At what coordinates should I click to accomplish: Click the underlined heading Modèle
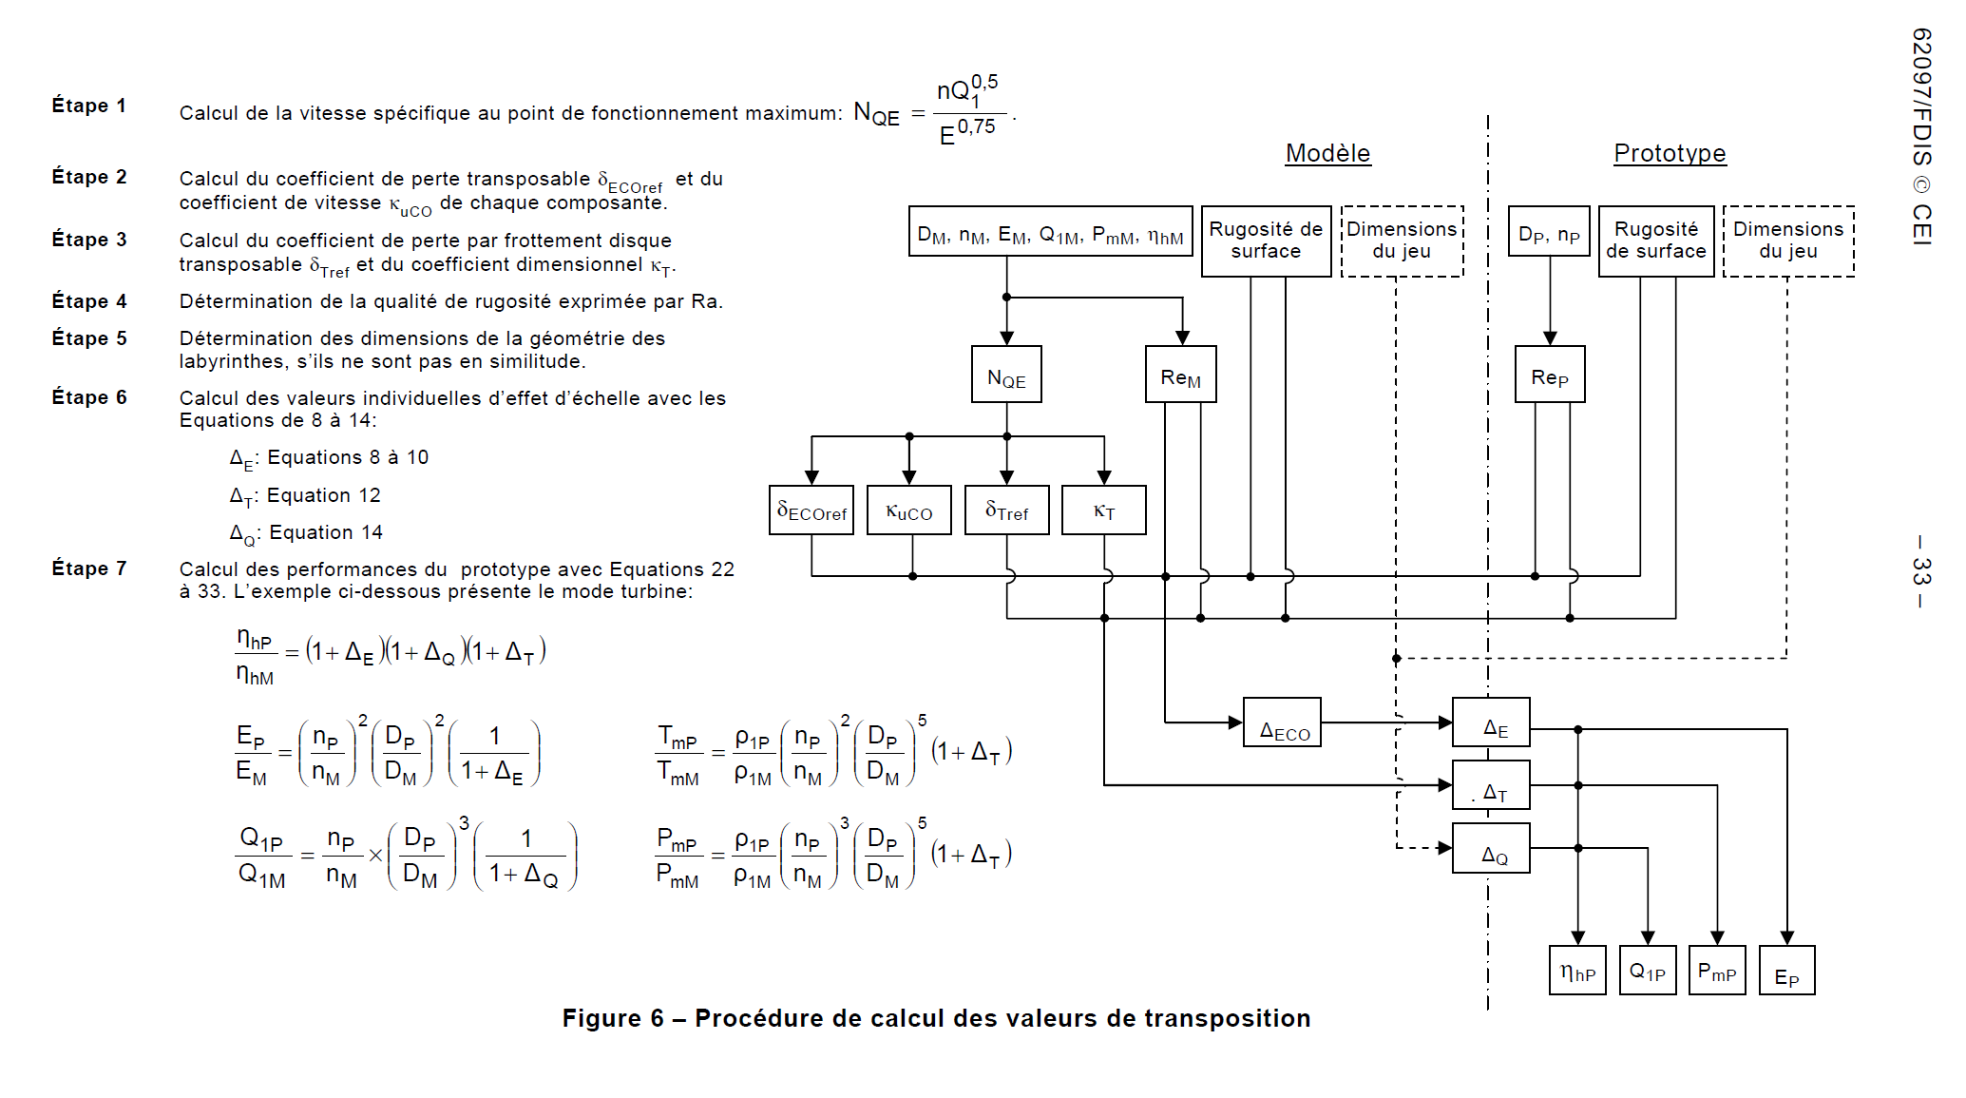point(1327,153)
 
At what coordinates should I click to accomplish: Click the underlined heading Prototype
point(1670,153)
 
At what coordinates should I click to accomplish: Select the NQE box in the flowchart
point(1006,375)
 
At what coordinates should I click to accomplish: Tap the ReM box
point(1180,375)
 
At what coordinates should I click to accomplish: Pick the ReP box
point(1549,375)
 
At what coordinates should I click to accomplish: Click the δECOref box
point(811,510)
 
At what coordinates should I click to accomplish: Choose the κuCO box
point(909,510)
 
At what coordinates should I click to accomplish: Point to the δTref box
point(1006,510)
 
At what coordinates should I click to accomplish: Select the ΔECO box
point(1282,722)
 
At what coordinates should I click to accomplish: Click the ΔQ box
point(1491,848)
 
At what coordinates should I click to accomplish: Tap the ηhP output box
point(1577,971)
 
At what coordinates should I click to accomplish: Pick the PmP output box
point(1717,971)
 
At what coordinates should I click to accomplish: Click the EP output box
point(1786,971)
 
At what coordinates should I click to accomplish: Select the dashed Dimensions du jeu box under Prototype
point(1788,241)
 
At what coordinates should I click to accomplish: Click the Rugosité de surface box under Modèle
point(1266,241)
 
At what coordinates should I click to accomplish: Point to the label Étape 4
point(89,301)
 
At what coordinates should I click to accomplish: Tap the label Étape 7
point(89,568)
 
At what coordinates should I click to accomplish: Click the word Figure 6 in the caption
point(613,1018)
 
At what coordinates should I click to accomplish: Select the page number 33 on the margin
point(1921,571)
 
